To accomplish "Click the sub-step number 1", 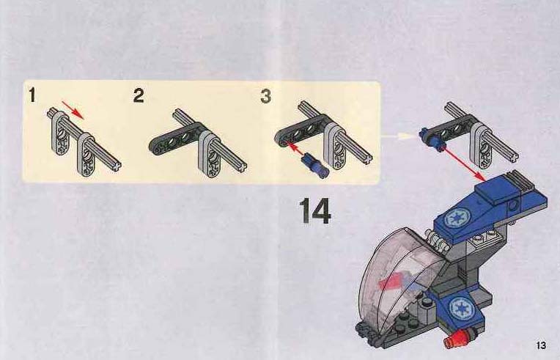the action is point(32,95).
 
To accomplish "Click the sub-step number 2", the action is point(139,96).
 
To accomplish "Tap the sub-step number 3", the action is point(266,96).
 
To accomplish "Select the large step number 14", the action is point(315,210).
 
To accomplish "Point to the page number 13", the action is point(541,345).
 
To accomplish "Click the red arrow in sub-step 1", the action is point(73,110).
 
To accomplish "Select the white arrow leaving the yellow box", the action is point(398,136).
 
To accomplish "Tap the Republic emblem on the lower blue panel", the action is point(461,308).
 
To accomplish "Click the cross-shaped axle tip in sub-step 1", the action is point(117,166).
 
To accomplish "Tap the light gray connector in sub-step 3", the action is point(335,147).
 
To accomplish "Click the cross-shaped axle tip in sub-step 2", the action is point(242,166).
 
